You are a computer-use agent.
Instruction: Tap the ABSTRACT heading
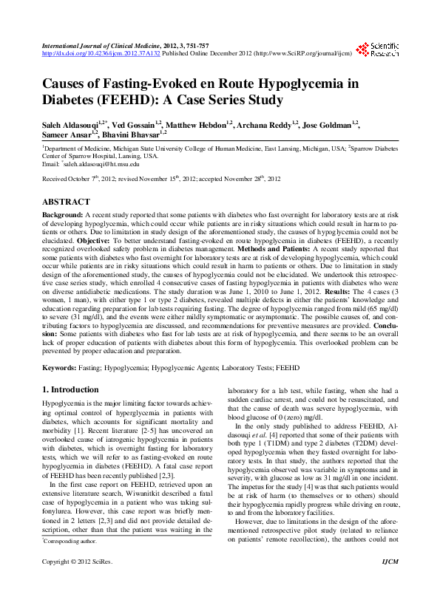tap(66, 202)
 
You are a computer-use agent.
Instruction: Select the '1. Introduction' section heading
tap(70, 389)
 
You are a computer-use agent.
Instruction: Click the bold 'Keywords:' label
tap(60, 366)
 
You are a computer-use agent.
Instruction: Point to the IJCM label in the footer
tap(389, 583)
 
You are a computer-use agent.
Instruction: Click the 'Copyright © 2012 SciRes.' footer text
tap(77, 583)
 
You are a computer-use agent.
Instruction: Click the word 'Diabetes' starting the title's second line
tap(71, 100)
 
